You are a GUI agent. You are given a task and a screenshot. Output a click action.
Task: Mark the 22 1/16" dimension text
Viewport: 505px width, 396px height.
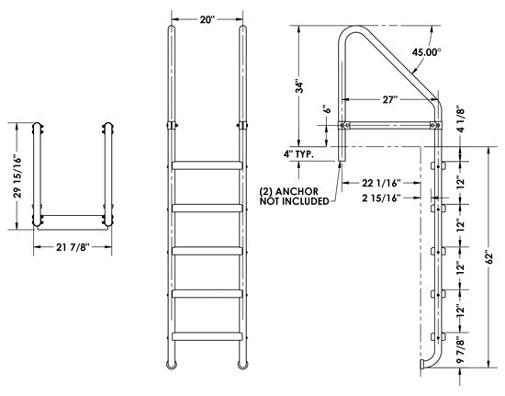coord(378,184)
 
